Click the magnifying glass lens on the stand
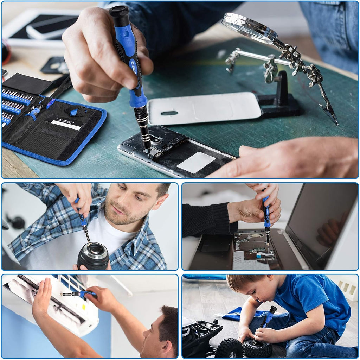249,27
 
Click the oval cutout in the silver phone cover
169,113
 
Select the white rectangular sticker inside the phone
196,162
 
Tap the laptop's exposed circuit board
253,246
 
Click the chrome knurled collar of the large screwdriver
142,121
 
